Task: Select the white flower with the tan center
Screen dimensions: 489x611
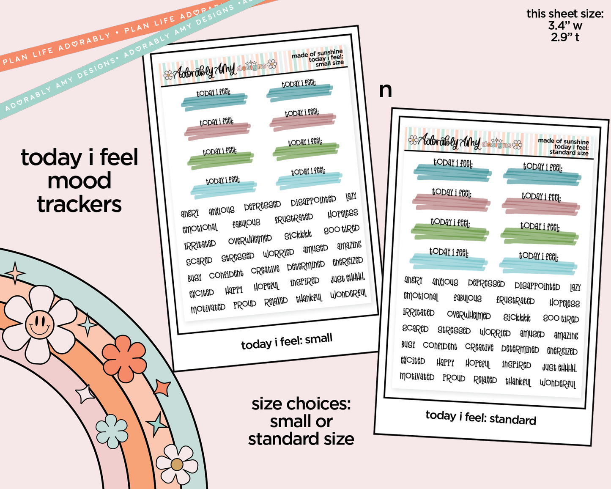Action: (177, 464)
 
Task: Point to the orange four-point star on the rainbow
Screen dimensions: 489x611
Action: (162, 387)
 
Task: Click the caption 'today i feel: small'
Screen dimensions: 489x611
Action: (287, 341)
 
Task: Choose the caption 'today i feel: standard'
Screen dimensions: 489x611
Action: (480, 418)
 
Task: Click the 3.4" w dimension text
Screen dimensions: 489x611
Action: (565, 25)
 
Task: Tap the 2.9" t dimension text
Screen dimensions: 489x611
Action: (565, 37)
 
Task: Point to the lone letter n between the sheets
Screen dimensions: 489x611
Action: (385, 90)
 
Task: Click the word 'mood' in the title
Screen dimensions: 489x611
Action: (79, 181)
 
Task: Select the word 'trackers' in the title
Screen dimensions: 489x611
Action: (79, 204)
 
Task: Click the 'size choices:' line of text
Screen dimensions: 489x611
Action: (301, 404)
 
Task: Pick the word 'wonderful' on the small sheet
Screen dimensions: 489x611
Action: (348, 294)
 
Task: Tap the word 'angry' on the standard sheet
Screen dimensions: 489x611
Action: (413, 280)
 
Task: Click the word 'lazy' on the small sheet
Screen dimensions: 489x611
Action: (351, 196)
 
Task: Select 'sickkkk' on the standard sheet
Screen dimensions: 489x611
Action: (517, 317)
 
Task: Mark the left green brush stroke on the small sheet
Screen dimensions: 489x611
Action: (221, 159)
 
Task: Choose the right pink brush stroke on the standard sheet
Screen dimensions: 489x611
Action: (540, 206)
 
